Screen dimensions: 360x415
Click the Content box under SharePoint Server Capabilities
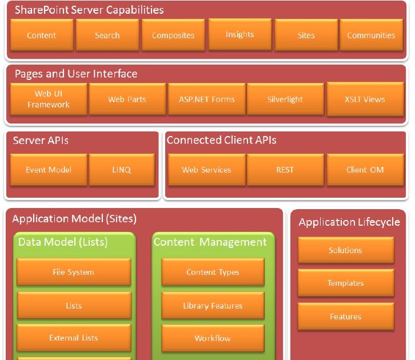coord(42,35)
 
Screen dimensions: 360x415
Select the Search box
coord(107,35)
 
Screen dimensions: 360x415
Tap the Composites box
coord(173,35)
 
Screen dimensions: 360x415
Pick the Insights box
coord(240,34)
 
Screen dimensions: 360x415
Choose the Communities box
coord(371,35)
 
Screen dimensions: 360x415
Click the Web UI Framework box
coord(49,99)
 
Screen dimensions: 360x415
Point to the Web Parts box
coord(127,99)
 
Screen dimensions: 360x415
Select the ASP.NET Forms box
coord(206,99)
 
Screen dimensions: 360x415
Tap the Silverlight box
coord(285,99)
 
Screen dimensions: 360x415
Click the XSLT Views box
coord(365,99)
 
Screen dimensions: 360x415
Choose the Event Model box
coord(49,170)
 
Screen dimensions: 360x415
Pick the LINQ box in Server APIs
coord(122,170)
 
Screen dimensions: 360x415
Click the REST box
coord(285,170)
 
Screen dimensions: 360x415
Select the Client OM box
coord(365,170)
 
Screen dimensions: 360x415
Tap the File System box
coord(74,272)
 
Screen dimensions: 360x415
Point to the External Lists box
coord(74,338)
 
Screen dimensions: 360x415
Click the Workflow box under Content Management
coord(213,338)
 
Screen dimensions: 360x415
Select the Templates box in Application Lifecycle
coord(345,283)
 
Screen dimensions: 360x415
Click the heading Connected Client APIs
coord(221,140)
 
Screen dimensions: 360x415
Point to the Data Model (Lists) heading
coord(63,242)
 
